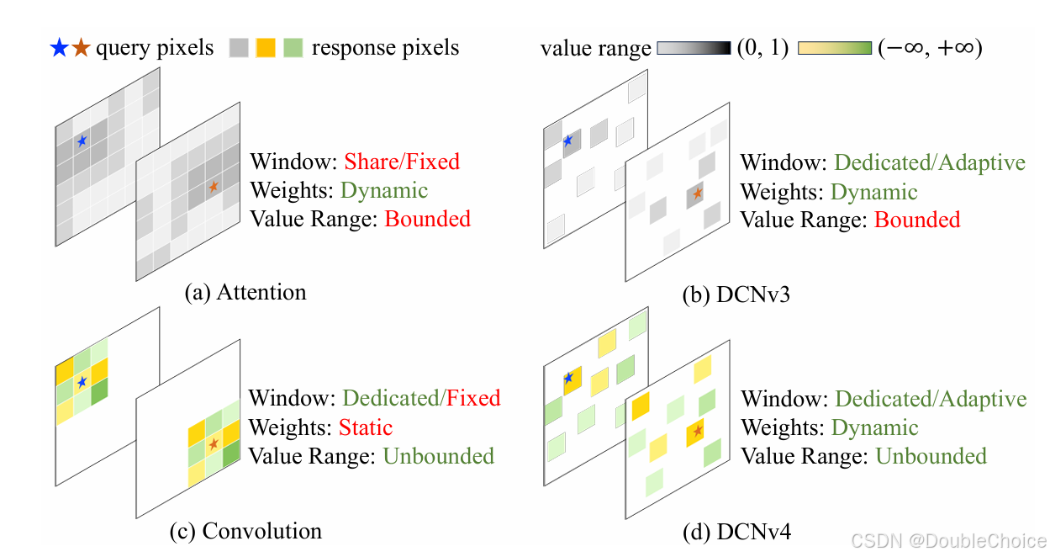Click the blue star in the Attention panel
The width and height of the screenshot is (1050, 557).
pos(82,141)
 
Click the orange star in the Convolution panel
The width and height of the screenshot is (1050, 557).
pos(214,443)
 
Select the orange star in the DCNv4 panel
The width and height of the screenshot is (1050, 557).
pos(697,431)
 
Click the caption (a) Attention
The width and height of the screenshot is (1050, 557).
pos(245,293)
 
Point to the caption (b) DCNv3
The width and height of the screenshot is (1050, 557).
pos(736,296)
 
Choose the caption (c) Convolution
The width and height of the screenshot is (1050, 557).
pos(245,532)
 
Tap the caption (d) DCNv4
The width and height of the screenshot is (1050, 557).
pos(736,532)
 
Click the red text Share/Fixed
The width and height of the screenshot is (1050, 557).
pos(402,162)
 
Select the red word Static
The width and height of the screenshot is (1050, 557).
pos(366,427)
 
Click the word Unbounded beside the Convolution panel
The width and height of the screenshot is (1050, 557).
pos(438,456)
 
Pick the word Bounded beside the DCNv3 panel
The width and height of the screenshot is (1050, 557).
pos(916,220)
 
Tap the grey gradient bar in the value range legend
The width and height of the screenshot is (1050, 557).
pos(694,49)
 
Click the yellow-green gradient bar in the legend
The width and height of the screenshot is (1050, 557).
pos(835,49)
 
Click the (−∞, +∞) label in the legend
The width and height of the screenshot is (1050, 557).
pos(930,49)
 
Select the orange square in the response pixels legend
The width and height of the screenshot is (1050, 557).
pos(266,48)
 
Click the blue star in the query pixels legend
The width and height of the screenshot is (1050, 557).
pos(58,48)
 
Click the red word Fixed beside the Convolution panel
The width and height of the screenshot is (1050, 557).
pos(473,398)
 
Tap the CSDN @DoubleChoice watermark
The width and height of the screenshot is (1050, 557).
pos(948,540)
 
